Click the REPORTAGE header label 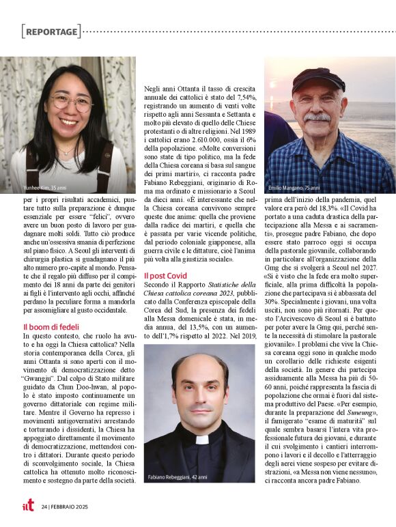pyautogui.click(x=51, y=31)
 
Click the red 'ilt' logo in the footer pyautogui.click(x=28, y=507)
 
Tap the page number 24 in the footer pyautogui.click(x=44, y=507)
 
